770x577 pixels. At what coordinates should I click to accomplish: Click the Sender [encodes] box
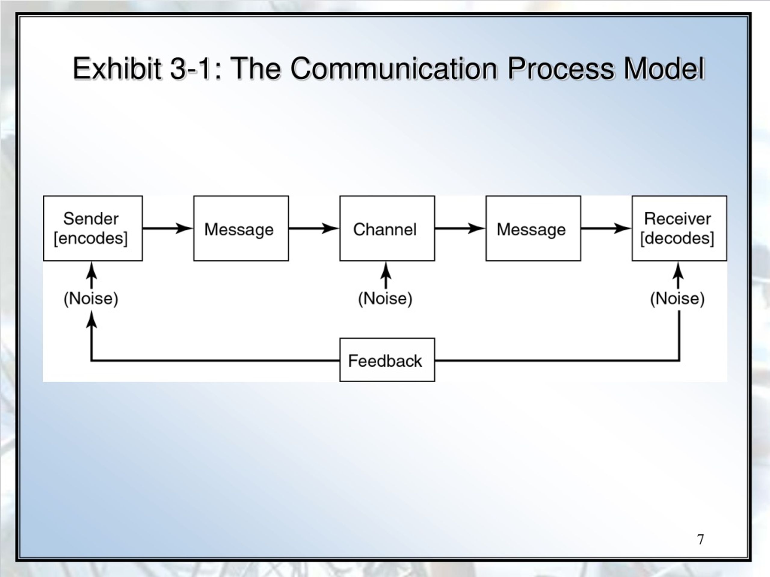coord(93,228)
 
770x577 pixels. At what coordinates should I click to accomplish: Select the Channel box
coord(387,228)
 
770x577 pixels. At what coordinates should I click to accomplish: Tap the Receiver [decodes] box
coord(679,228)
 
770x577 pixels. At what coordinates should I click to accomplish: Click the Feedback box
coord(387,360)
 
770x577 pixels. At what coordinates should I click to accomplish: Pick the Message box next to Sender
coord(241,228)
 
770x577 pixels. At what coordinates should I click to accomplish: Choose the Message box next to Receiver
coord(533,228)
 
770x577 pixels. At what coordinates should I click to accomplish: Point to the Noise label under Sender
coord(91,299)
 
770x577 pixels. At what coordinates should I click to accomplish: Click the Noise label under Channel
coord(385,299)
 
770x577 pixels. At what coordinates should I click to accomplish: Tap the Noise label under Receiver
coord(677,299)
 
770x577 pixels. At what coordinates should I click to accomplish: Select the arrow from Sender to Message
coord(168,228)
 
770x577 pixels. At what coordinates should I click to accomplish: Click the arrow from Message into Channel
coord(314,228)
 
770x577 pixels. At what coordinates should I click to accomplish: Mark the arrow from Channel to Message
coord(460,228)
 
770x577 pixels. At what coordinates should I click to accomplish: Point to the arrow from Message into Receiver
coord(606,228)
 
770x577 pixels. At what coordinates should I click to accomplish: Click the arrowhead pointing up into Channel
coord(386,270)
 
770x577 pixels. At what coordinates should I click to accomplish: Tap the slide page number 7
coord(701,539)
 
